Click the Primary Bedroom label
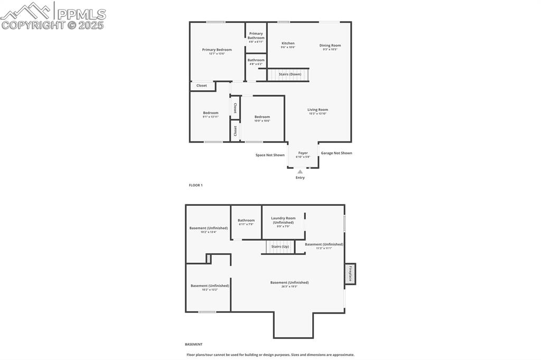point(217,50)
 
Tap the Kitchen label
point(288,43)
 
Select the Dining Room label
point(330,45)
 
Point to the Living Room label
point(318,110)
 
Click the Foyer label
point(303,153)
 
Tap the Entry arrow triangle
point(300,172)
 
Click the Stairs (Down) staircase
point(287,74)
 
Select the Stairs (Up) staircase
point(280,247)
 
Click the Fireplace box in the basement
point(350,274)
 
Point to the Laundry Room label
point(283,218)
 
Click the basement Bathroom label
point(246,220)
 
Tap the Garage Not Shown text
point(337,153)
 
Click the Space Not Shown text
point(270,155)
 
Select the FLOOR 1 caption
point(196,185)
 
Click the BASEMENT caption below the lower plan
point(193,344)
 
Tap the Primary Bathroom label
point(256,35)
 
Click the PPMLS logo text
point(81,14)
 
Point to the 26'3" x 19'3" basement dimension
point(290,287)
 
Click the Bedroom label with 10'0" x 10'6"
point(262,117)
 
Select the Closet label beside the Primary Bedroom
point(202,86)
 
